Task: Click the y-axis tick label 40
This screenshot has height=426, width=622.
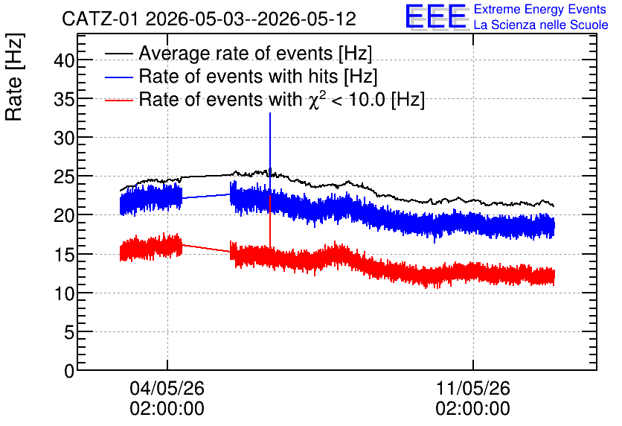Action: [x=64, y=61]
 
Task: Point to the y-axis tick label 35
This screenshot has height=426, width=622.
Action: [x=64, y=100]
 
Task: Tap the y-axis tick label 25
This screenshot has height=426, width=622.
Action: [x=64, y=177]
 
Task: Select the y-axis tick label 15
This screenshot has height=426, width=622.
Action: [x=64, y=255]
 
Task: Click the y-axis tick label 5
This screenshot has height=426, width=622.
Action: [x=69, y=332]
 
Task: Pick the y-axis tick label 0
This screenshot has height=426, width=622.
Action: [x=69, y=371]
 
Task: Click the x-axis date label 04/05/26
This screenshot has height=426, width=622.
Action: [x=167, y=388]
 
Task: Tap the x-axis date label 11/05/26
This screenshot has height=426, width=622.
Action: [x=473, y=388]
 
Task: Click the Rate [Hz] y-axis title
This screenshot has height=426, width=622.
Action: [x=14, y=77]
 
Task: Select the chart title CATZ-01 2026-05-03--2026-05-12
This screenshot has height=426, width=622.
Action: [x=209, y=19]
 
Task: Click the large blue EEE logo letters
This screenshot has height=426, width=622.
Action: [x=436, y=16]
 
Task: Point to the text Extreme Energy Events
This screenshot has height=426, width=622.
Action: [x=540, y=9]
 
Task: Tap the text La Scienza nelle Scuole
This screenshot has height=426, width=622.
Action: [x=541, y=25]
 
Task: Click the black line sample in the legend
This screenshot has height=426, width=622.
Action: [x=118, y=54]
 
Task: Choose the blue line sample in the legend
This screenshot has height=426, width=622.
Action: [x=118, y=77]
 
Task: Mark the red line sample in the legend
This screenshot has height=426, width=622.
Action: [x=118, y=100]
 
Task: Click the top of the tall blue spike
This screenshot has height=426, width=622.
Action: [x=270, y=113]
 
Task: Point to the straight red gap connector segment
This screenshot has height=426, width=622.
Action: [x=206, y=248]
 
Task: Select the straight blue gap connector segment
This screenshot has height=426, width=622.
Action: [x=206, y=196]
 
